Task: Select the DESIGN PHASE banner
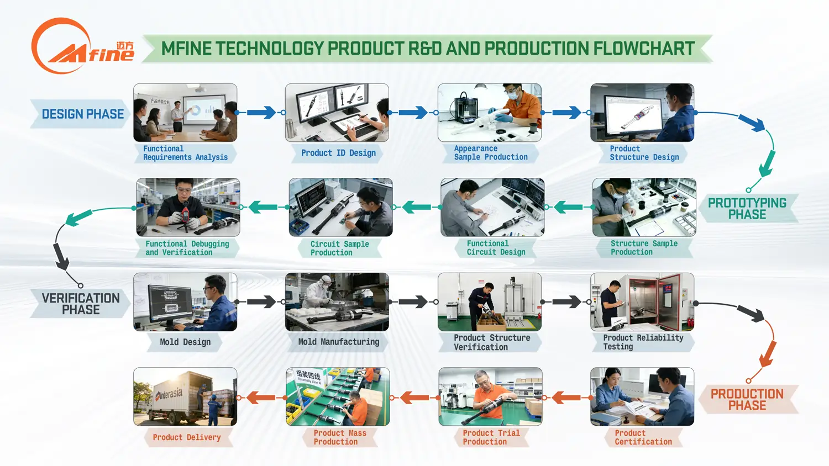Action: point(82,114)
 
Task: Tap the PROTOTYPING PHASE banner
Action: point(747,209)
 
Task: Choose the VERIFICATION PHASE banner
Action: point(81,304)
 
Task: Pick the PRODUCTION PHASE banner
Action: point(747,399)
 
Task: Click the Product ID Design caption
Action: point(338,153)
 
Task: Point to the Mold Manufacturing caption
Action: point(338,342)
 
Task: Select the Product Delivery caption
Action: point(186,437)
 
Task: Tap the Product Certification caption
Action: point(643,437)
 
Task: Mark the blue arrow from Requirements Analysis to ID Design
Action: point(261,113)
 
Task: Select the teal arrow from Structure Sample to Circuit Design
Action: point(568,208)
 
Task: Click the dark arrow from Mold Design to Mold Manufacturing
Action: point(261,302)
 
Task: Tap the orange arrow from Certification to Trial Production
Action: point(566,398)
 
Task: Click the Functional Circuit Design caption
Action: point(496,248)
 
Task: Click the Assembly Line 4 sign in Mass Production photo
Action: point(308,377)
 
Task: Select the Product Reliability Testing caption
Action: point(643,342)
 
